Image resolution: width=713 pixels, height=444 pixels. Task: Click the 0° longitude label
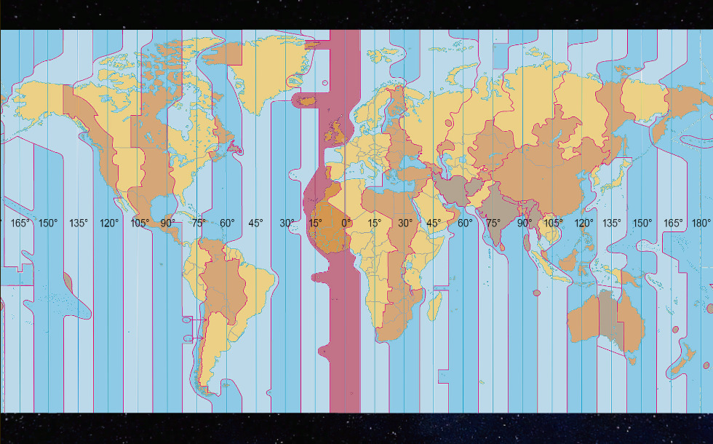coord(346,223)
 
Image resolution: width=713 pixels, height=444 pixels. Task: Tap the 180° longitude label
coord(701,223)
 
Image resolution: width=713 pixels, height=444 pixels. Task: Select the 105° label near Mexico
coord(140,223)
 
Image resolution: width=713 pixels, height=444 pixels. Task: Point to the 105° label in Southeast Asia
coord(553,223)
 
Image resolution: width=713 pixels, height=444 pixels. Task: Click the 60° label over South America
coord(227,223)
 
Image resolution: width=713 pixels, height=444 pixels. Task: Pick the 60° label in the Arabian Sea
coord(465,223)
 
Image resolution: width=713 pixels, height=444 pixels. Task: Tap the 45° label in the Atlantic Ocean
coord(256,223)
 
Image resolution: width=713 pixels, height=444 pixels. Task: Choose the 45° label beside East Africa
coord(434,223)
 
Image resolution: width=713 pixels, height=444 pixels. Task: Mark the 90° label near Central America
coord(168,223)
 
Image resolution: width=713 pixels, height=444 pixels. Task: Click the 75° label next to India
coord(494,223)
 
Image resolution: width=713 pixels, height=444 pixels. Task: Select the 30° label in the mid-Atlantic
coord(287,223)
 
